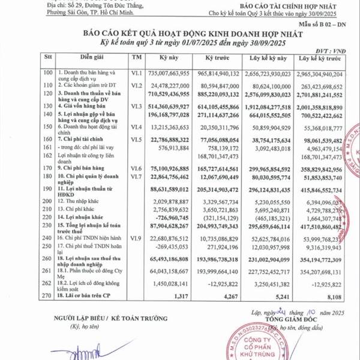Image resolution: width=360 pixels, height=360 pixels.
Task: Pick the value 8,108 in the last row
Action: tap(332, 295)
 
